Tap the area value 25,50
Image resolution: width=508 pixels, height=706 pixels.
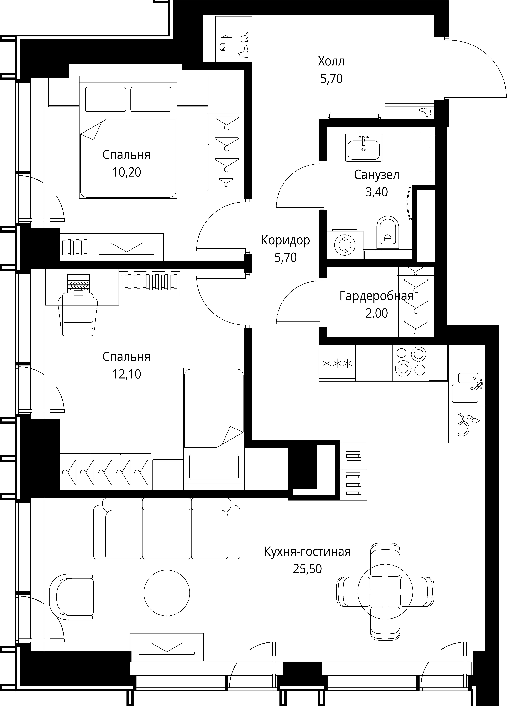click(307, 569)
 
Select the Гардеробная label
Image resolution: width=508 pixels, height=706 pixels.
click(376, 296)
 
